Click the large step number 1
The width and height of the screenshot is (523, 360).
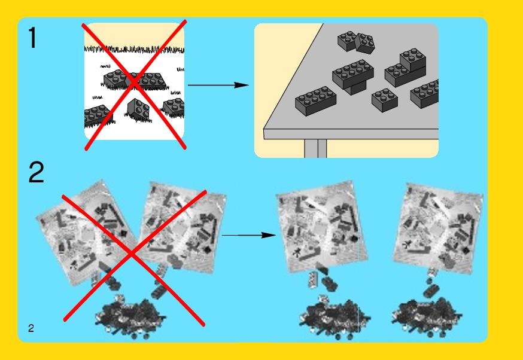(x=32, y=38)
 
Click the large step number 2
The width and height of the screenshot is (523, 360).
(x=36, y=172)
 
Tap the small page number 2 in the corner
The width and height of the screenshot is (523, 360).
(x=31, y=328)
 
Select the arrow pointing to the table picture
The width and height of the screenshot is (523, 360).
(x=218, y=85)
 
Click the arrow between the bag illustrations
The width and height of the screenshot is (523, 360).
(x=249, y=236)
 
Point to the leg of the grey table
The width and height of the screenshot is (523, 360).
(x=315, y=148)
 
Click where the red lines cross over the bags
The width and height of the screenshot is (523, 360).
(x=132, y=254)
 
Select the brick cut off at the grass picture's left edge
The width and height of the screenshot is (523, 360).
(x=97, y=115)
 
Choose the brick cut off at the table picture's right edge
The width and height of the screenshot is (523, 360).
(x=425, y=94)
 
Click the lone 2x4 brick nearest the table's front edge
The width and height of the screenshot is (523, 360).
(x=315, y=100)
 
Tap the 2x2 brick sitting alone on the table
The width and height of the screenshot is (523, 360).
(x=385, y=100)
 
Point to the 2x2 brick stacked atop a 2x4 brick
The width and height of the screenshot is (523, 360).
(x=413, y=59)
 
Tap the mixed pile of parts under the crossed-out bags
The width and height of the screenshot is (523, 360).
(x=129, y=318)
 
